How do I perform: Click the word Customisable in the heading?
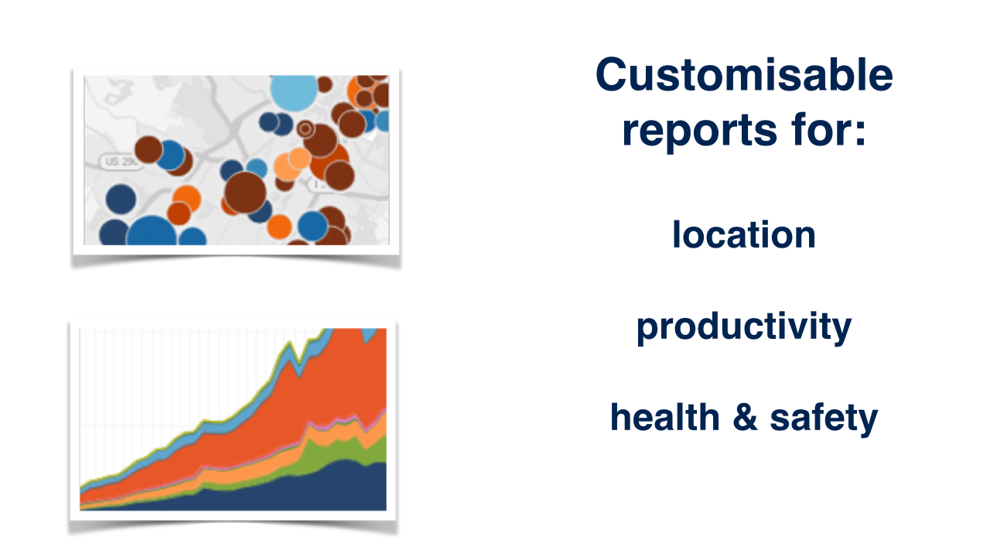click(x=744, y=74)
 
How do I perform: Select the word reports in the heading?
click(x=699, y=131)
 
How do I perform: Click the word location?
click(x=744, y=234)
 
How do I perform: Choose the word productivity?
click(x=744, y=327)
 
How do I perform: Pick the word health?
click(x=665, y=417)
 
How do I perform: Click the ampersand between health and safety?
click(x=745, y=417)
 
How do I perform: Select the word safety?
click(x=824, y=419)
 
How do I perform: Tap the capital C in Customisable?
click(x=613, y=74)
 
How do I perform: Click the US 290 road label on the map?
click(x=120, y=162)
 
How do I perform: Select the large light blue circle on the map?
click(x=294, y=91)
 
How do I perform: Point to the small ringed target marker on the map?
click(x=305, y=129)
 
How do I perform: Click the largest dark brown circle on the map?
click(x=245, y=193)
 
